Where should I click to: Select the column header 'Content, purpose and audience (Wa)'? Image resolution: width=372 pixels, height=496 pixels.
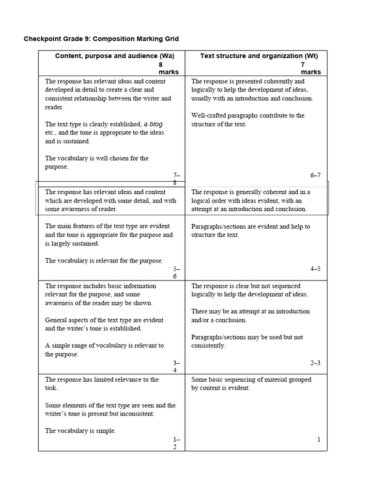coord(114,56)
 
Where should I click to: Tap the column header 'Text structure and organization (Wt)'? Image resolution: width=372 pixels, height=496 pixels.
coord(259,56)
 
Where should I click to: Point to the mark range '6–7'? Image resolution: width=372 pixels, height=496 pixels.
coord(315,175)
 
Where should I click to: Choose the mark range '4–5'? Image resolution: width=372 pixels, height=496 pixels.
coord(315,269)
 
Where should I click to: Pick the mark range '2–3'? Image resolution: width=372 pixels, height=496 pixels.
coord(315,363)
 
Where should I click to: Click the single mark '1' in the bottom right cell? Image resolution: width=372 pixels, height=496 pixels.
coord(319,439)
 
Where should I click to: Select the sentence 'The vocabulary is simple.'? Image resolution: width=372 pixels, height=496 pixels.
coord(80,431)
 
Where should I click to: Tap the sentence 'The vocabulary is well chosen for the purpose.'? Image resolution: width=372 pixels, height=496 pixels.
coord(96,162)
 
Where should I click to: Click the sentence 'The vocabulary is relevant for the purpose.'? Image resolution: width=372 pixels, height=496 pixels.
coord(104,261)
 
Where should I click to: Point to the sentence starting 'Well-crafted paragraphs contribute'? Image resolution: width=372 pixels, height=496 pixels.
coord(248,120)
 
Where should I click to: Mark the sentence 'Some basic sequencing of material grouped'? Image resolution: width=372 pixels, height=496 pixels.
coord(251,384)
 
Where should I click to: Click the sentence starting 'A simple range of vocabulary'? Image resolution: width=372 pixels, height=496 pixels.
coord(104,350)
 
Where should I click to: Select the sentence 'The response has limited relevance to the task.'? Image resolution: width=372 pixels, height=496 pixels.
coord(102,384)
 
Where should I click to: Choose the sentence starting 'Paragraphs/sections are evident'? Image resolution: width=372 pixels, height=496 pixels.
coord(250,231)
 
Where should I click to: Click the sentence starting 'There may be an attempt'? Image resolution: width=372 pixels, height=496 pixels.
coord(250,315)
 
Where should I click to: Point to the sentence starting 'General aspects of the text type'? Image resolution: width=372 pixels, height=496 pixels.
coord(104,324)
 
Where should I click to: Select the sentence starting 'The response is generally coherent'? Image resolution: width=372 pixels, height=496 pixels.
coord(250,200)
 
